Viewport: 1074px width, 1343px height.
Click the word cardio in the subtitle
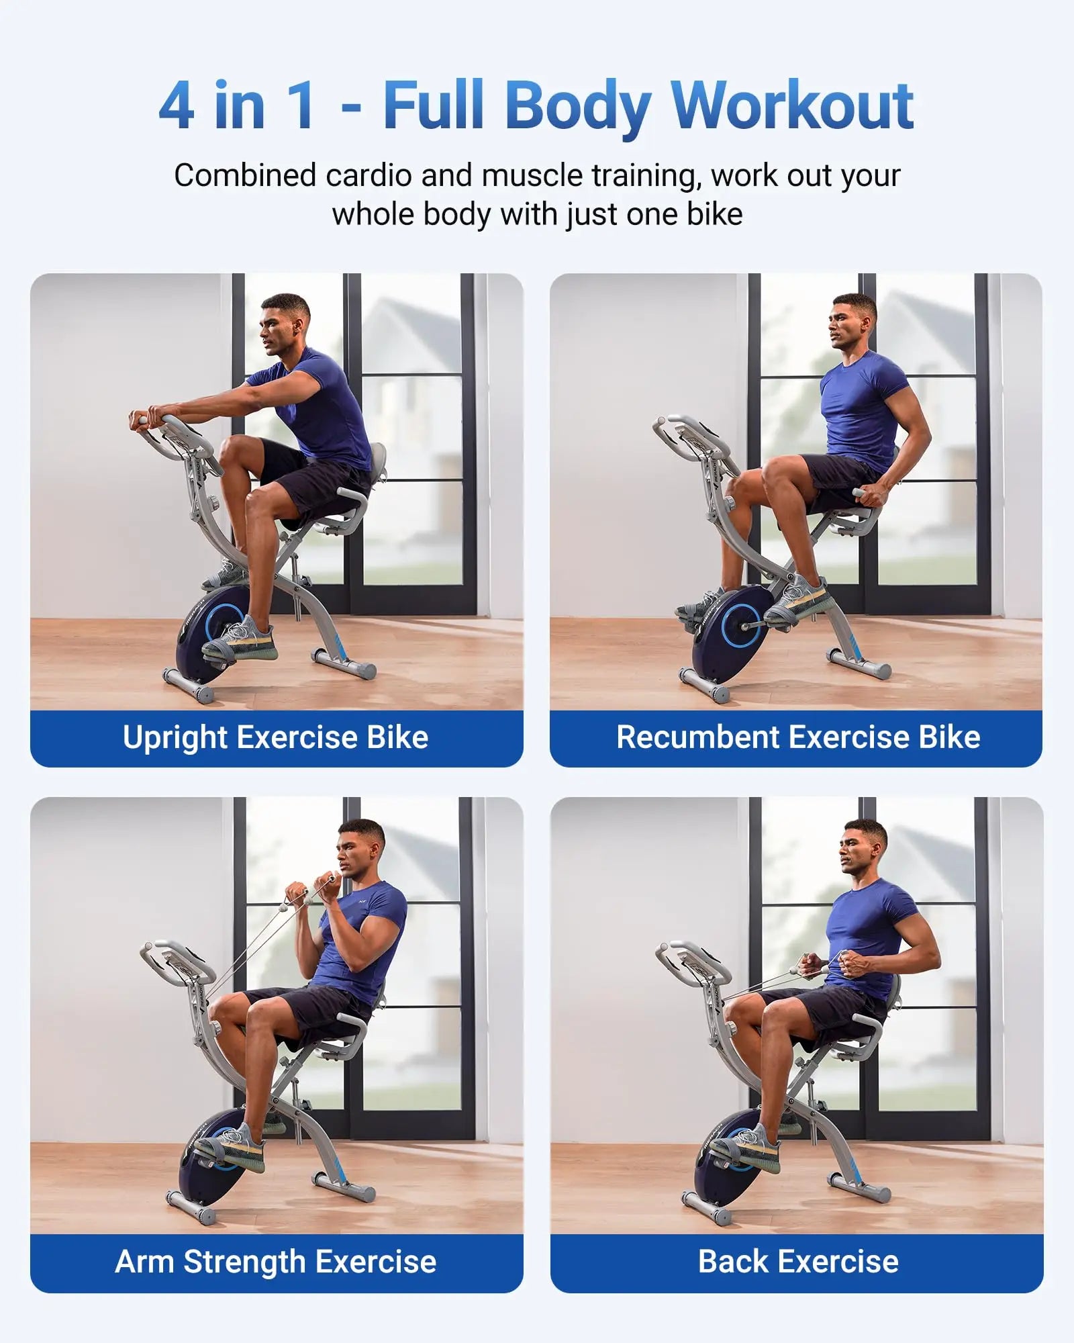pyautogui.click(x=369, y=176)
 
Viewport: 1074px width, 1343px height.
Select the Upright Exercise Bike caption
pyautogui.click(x=276, y=737)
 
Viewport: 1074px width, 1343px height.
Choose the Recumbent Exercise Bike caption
pyautogui.click(x=798, y=737)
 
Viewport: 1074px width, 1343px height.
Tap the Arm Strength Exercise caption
pyautogui.click(x=276, y=1262)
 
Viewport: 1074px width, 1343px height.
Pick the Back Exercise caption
pyautogui.click(x=798, y=1262)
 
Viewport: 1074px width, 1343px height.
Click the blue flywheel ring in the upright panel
pyautogui.click(x=224, y=622)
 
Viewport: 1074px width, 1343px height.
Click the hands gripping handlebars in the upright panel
pyautogui.click(x=150, y=416)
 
